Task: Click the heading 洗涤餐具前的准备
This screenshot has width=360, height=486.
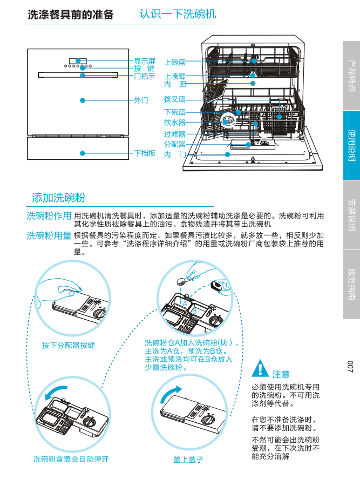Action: point(71,15)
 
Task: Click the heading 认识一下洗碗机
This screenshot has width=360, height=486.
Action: point(178,13)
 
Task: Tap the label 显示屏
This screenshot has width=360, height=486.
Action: point(145,62)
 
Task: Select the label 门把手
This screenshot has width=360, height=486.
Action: point(145,76)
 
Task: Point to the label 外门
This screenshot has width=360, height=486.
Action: point(141,100)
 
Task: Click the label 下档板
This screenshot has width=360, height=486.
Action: point(145,153)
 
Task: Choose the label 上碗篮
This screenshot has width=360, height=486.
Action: point(175,63)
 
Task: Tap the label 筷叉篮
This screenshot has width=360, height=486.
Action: point(175,99)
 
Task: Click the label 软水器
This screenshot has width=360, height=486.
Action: point(175,123)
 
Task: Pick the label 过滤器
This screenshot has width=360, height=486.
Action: point(175,134)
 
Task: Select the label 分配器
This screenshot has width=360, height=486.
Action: point(175,144)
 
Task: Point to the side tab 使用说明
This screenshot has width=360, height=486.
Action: point(351,145)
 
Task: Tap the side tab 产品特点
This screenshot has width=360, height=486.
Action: point(351,76)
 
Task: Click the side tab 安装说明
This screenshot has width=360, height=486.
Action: point(351,215)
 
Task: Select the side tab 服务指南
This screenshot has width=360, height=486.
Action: point(351,285)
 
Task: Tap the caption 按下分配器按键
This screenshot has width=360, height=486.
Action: point(69,345)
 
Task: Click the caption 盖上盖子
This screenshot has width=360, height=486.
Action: point(188,460)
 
